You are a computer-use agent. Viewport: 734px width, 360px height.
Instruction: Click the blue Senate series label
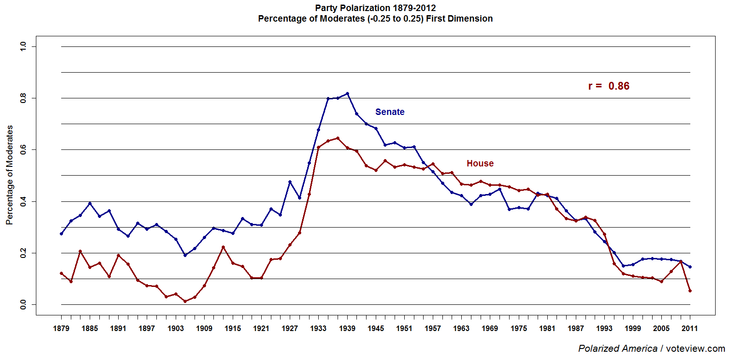[x=390, y=112]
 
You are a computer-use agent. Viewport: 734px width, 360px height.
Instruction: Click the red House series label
[x=480, y=163]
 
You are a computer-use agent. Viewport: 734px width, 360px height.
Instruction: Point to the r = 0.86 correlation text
[x=608, y=86]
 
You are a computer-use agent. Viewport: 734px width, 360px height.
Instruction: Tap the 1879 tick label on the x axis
[x=61, y=328]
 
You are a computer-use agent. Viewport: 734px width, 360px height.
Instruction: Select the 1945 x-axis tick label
[x=376, y=328]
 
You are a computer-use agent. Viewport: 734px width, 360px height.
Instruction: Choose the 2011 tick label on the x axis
[x=689, y=328]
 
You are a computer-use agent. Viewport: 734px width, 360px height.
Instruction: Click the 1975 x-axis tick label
[x=518, y=328]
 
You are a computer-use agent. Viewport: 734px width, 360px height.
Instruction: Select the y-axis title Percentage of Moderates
[x=9, y=175]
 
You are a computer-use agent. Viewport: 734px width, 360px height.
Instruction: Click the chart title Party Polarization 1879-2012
[x=375, y=8]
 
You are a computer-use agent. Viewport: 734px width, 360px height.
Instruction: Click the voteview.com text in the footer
[x=695, y=349]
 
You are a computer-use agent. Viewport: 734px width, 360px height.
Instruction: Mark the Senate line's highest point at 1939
[x=347, y=94]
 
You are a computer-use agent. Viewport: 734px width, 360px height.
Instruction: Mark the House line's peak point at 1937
[x=338, y=138]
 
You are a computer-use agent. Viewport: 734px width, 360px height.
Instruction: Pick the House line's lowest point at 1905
[x=185, y=301]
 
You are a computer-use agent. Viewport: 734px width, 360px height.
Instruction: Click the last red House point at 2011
[x=690, y=291]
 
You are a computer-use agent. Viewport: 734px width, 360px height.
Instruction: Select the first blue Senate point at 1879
[x=61, y=234]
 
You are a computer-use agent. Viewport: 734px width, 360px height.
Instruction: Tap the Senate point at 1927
[x=290, y=182]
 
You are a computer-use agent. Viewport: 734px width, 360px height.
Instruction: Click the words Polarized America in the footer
[x=617, y=349]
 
